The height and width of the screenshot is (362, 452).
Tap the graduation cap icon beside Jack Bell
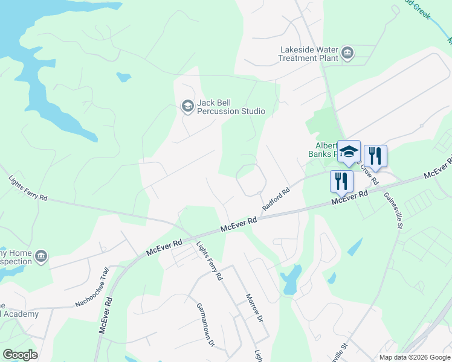pos(187,107)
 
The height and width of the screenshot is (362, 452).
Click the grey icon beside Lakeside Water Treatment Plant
pos(347,53)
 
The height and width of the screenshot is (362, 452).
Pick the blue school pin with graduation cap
pos(349,151)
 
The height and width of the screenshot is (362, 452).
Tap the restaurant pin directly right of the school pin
pos(375,156)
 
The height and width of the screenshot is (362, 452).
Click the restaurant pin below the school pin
pos(341,181)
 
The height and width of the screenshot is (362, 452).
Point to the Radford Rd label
pos(276,197)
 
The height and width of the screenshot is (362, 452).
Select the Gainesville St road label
pos(391,208)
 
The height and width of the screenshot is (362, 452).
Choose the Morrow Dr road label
pos(255,307)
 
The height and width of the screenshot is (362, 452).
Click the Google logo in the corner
pos(20,355)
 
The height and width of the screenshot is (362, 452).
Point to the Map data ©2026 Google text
pos(414,357)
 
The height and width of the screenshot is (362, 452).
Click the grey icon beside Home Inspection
pos(41,256)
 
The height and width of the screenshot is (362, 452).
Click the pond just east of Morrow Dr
pos(291,281)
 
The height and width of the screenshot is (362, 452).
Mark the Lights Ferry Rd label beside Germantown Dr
pos(210,260)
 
